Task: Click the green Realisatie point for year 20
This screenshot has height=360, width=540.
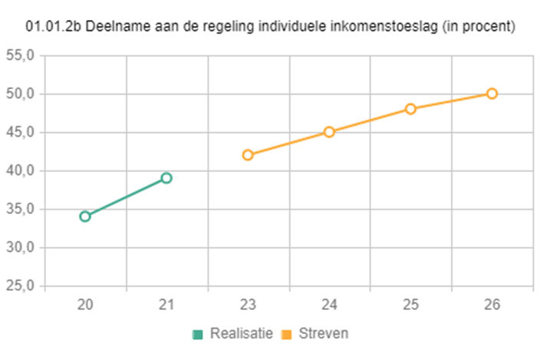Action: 85,216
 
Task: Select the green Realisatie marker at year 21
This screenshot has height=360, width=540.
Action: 166,178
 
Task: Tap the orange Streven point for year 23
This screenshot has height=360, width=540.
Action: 248,155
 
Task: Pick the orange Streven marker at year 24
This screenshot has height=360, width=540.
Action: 329,132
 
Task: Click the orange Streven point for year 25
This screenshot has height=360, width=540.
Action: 410,109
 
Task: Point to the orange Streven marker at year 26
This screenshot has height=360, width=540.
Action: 492,94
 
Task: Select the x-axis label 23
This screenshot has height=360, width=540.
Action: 248,305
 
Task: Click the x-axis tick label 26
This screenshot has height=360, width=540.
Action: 492,305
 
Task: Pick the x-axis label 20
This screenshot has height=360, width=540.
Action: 85,305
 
